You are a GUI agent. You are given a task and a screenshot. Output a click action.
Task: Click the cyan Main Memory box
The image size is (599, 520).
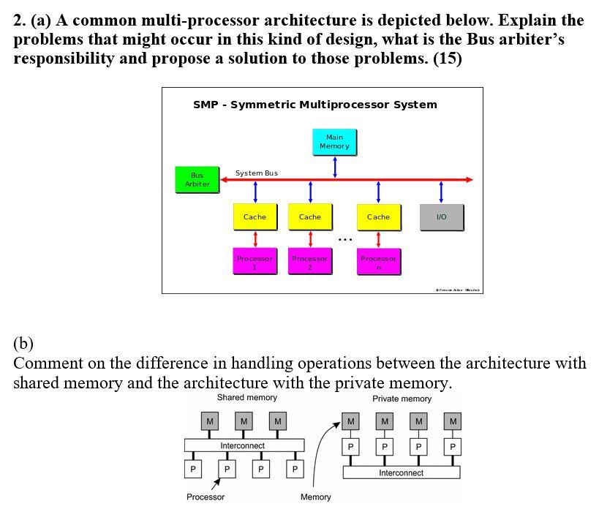click(x=334, y=142)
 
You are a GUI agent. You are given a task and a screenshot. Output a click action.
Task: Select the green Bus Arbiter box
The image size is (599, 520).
click(x=197, y=180)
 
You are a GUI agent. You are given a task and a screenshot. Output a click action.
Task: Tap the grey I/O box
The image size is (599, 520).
click(x=441, y=217)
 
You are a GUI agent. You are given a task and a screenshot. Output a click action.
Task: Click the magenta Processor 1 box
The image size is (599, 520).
click(x=255, y=263)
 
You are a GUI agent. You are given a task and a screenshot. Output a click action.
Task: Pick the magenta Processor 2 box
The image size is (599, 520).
click(x=310, y=263)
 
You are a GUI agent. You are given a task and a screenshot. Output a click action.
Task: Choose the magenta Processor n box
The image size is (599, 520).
click(x=378, y=263)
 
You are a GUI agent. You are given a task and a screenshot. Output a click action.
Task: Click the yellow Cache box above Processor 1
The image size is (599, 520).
click(x=255, y=217)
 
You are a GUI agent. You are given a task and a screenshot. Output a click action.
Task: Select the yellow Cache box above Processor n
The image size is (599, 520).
click(x=378, y=217)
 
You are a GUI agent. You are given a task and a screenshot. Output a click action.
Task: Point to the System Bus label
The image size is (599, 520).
click(x=256, y=173)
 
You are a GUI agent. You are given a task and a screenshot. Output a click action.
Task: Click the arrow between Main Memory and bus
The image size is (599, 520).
click(x=335, y=166)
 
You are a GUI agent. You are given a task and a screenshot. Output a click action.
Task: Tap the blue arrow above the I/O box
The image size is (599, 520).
click(x=441, y=192)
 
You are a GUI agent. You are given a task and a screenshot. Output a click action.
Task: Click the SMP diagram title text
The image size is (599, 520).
click(x=314, y=105)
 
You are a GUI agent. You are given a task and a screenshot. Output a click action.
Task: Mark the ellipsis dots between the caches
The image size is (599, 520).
click(x=345, y=239)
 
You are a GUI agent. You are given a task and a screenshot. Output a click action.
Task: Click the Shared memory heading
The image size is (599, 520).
click(x=246, y=398)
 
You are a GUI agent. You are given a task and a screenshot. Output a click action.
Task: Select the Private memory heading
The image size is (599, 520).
click(x=402, y=399)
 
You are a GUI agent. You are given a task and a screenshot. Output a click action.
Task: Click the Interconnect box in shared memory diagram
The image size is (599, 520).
click(x=244, y=445)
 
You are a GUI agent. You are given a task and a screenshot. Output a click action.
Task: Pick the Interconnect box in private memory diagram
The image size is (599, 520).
click(x=402, y=473)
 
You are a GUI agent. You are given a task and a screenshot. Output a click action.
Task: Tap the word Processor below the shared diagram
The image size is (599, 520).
click(x=206, y=497)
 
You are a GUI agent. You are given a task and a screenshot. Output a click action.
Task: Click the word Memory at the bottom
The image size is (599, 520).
click(x=315, y=497)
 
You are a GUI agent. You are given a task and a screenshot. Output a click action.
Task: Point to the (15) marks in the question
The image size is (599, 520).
click(x=448, y=59)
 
